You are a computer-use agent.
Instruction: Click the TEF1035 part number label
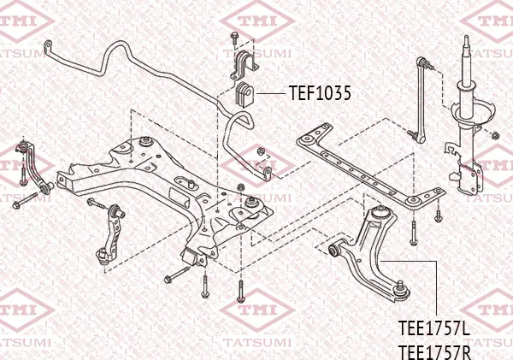click(320, 93)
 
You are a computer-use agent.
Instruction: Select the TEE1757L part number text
click(435, 328)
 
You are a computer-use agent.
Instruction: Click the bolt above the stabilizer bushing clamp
click(233, 37)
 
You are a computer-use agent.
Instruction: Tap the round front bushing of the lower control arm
click(337, 251)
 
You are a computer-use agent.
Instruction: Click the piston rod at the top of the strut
click(467, 56)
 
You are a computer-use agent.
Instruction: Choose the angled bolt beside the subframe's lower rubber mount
click(176, 275)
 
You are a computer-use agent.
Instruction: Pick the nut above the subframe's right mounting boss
click(252, 200)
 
